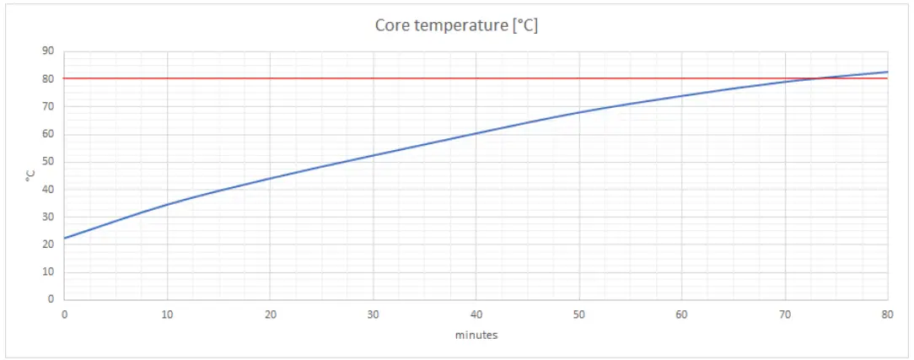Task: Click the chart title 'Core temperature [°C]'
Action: (x=456, y=25)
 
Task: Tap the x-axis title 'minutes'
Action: (x=476, y=335)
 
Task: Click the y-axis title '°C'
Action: (x=30, y=175)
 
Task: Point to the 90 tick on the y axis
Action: (x=47, y=51)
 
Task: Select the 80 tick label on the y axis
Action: (x=47, y=79)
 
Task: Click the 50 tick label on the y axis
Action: (x=47, y=162)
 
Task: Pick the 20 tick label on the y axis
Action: (x=47, y=244)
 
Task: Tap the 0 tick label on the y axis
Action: (x=51, y=299)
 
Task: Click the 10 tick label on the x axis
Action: (x=167, y=314)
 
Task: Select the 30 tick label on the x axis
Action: (x=373, y=314)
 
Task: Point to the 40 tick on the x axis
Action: (x=476, y=314)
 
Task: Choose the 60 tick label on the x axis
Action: (x=681, y=314)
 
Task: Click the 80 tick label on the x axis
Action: (x=887, y=314)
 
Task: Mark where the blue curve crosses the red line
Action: (x=816, y=78)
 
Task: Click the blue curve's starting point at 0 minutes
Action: (x=65, y=238)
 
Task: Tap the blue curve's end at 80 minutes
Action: (x=887, y=72)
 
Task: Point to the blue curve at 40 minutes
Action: (x=476, y=133)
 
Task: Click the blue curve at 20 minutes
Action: (x=270, y=178)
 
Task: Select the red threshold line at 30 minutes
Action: (x=373, y=78)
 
